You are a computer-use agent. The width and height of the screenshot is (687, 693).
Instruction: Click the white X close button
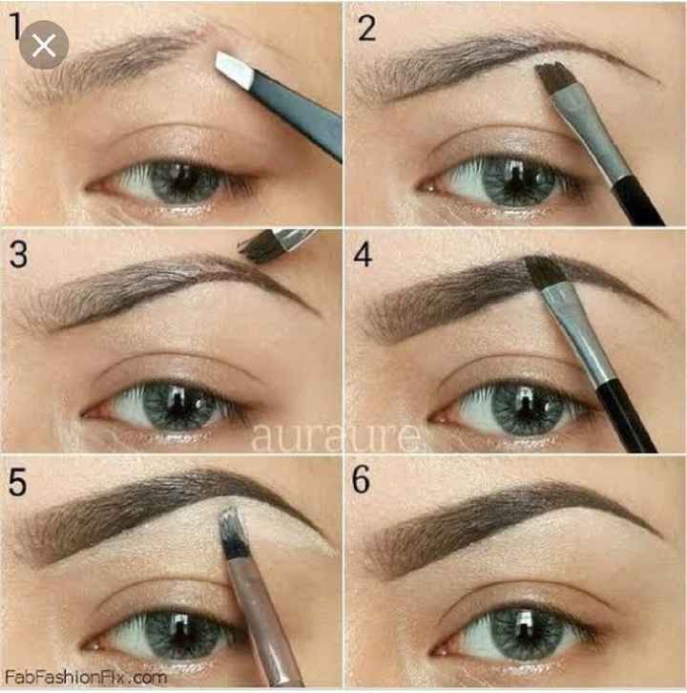tap(43, 45)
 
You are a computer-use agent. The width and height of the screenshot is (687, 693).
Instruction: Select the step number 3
tap(18, 254)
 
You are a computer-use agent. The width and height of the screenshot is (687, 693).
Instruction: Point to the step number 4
tap(363, 254)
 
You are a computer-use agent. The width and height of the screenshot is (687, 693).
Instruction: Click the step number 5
tap(18, 482)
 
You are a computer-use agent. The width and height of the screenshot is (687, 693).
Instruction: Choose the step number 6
tap(361, 480)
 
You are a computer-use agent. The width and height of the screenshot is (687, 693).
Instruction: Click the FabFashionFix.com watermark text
tap(86, 678)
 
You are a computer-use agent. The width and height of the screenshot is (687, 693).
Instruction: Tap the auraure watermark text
tap(337, 436)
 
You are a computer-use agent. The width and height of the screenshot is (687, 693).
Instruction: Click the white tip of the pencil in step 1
tap(235, 69)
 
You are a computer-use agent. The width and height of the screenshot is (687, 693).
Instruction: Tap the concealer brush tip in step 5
tap(230, 531)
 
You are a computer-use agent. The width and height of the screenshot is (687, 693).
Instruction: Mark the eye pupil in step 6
tap(525, 630)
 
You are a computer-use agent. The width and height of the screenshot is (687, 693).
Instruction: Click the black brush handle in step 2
tap(638, 201)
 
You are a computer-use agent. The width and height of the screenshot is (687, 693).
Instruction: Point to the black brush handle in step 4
tap(625, 418)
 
